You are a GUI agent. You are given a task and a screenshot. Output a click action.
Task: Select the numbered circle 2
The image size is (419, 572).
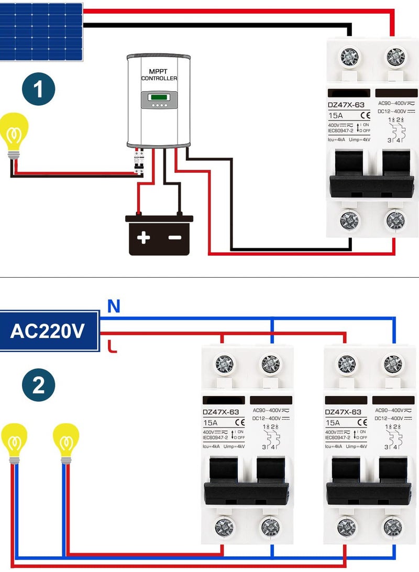(38, 387)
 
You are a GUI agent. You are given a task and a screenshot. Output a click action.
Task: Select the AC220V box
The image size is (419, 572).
(49, 331)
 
